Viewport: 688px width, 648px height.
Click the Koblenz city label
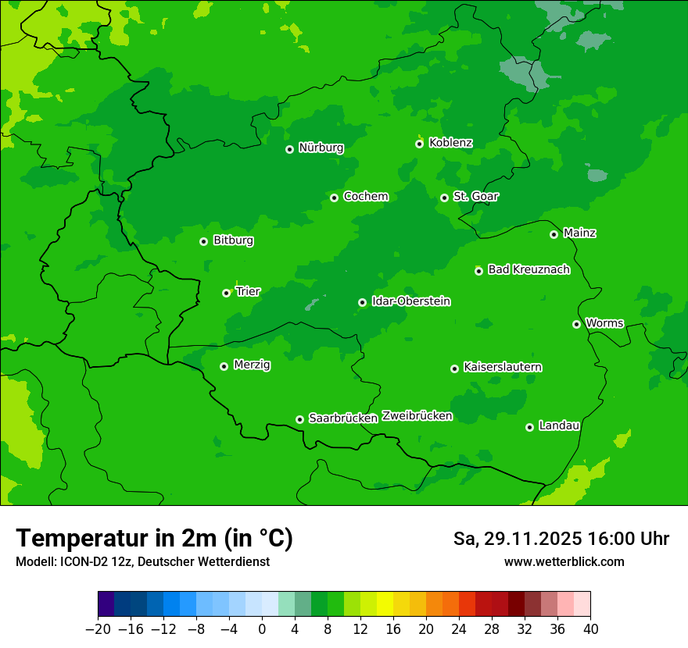(450, 143)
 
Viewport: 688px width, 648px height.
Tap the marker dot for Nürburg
(289, 149)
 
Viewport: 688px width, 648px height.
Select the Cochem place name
(365, 197)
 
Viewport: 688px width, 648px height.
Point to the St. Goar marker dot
(444, 198)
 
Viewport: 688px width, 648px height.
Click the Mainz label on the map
(579, 233)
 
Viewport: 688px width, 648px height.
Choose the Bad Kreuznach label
(529, 269)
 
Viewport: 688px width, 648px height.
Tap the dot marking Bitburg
(203, 241)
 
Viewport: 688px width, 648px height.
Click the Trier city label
(248, 291)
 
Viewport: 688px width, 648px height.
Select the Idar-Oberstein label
(410, 301)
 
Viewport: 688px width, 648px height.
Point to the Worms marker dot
(576, 324)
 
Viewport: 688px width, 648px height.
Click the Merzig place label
(252, 365)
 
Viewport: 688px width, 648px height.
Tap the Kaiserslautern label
(503, 367)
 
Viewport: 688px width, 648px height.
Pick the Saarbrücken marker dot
(299, 419)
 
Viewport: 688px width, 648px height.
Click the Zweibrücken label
(417, 416)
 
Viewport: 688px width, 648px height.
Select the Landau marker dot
(529, 427)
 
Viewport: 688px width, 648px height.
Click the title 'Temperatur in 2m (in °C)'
(154, 538)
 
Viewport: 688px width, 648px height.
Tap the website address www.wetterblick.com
(564, 561)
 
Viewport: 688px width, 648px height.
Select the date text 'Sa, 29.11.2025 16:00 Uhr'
(561, 539)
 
